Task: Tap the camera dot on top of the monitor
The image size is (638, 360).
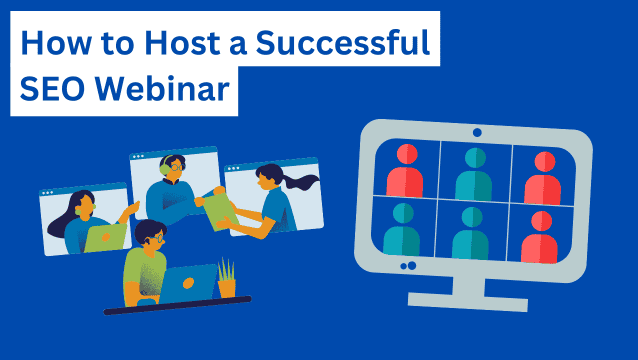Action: point(476,132)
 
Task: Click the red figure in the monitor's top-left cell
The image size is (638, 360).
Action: point(405,170)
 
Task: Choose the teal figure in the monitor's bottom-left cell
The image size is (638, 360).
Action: point(401,232)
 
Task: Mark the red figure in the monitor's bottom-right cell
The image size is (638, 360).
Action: point(541,234)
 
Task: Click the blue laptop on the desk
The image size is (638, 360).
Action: point(189,284)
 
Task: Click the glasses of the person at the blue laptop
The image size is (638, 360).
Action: point(158,239)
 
